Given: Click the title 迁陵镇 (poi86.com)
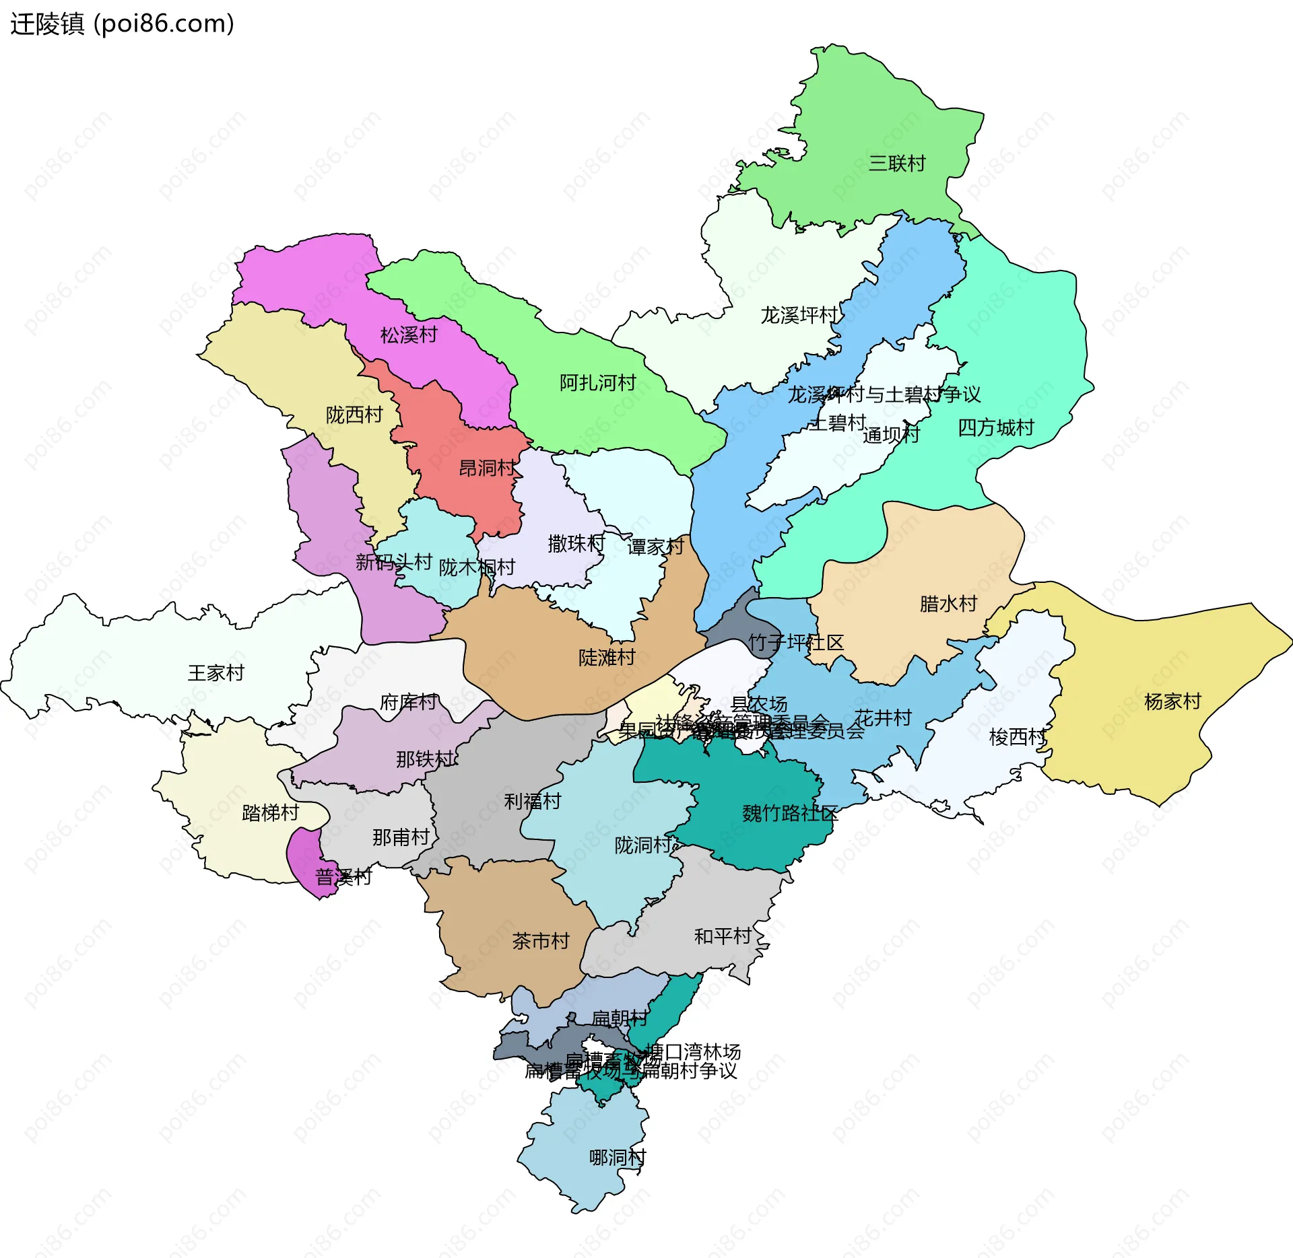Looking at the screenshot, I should point(122,24).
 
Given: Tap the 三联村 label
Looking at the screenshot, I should point(896,164).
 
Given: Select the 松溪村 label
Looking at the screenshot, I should point(408,335).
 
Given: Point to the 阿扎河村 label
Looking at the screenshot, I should point(597,383).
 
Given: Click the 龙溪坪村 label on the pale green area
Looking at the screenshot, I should point(799,315).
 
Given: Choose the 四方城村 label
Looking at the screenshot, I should point(995,427).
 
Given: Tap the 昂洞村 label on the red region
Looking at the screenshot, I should point(487,468).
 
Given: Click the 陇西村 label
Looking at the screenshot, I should point(354,415).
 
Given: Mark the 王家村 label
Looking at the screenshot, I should point(215,673).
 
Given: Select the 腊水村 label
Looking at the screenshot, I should point(948,604).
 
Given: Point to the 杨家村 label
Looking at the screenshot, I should point(1172,702).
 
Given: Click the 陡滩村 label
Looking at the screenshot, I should point(607,658).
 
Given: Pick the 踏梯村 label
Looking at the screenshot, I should point(270,813).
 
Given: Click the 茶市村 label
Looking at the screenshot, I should point(540,941).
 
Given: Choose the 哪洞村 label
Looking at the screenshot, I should point(617,1158).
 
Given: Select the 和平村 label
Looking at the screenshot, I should point(722,936).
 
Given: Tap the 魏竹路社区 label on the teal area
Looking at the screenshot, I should point(789,814).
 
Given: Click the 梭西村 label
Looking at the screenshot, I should point(1017,737).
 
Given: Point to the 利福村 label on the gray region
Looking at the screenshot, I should point(532,802).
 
